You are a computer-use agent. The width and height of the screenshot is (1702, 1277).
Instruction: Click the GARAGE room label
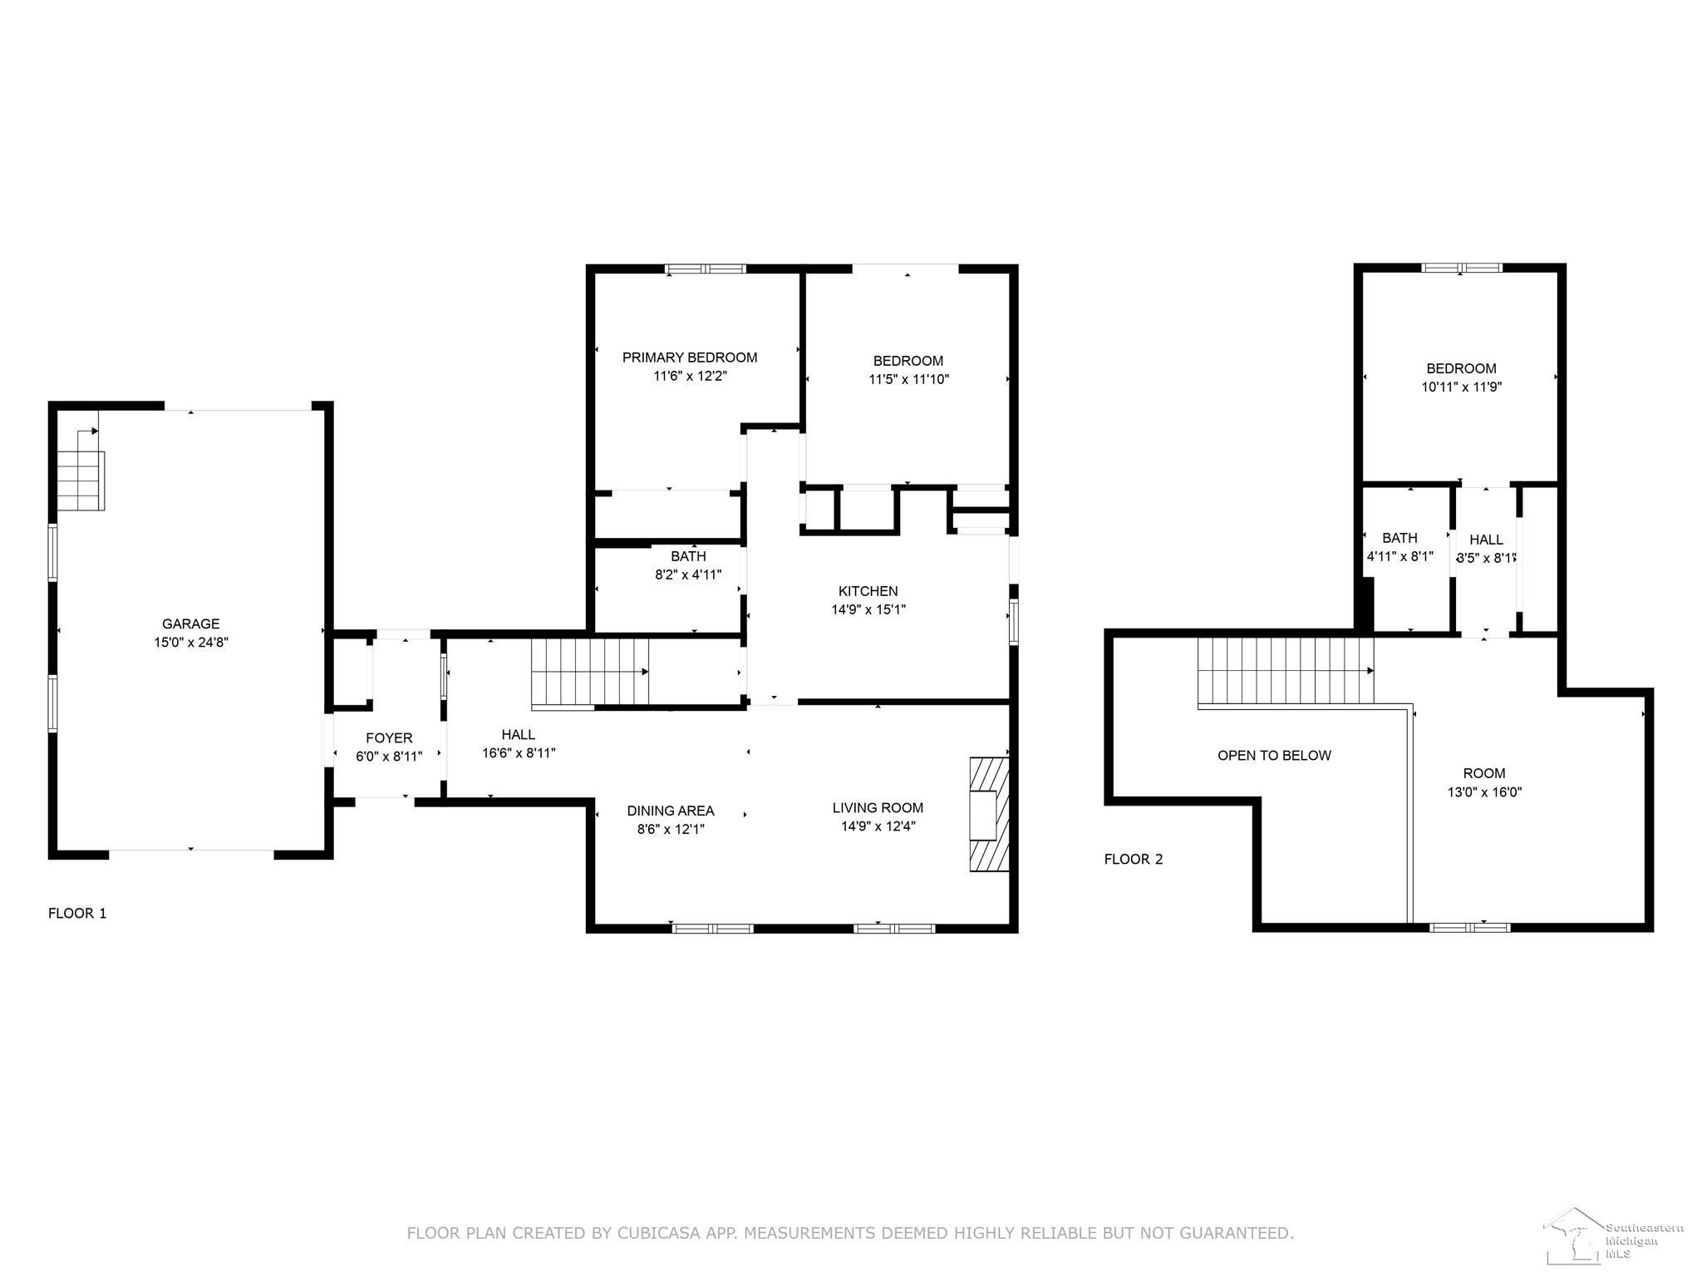(x=191, y=624)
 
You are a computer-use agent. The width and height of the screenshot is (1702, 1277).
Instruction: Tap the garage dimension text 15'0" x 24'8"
(x=191, y=642)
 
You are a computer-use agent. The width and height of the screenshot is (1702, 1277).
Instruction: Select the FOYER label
(x=389, y=737)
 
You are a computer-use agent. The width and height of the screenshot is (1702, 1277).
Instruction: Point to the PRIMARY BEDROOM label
(x=690, y=357)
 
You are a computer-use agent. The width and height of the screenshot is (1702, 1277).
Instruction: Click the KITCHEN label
(x=868, y=591)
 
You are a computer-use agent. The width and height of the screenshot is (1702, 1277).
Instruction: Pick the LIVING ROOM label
(x=878, y=807)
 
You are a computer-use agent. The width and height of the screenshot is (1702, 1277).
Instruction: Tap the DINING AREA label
(x=671, y=811)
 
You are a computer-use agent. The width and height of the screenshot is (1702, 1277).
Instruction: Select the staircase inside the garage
(x=81, y=481)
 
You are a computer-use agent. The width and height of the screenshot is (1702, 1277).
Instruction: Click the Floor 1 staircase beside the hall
(x=589, y=672)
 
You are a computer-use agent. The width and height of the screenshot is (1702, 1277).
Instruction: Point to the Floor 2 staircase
(x=1285, y=671)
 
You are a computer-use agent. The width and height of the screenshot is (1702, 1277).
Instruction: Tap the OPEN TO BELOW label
(x=1274, y=756)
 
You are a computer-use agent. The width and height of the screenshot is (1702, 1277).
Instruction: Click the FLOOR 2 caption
(x=1134, y=859)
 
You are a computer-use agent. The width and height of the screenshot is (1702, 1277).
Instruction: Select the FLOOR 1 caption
(x=77, y=913)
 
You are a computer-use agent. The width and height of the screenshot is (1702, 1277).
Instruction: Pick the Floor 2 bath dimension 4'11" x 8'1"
(x=1400, y=556)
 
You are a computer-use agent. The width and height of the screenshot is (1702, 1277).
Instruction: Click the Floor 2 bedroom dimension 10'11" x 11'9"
(x=1462, y=387)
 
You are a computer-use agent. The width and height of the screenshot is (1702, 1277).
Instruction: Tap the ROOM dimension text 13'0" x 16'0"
(x=1484, y=791)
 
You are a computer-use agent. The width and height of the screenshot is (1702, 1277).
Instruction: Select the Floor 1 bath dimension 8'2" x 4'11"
(x=688, y=574)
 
